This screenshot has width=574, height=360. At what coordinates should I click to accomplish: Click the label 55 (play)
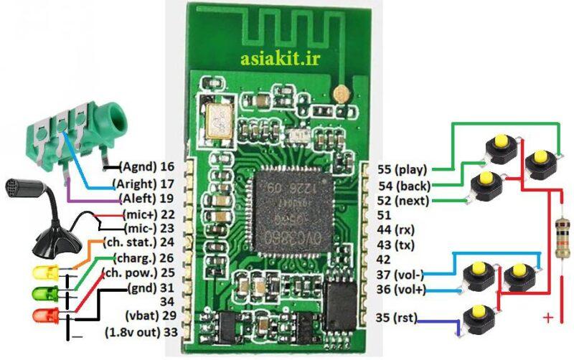(x=402, y=170)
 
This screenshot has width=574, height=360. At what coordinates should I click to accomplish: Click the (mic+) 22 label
(x=149, y=214)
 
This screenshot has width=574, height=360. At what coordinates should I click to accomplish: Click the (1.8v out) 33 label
(x=141, y=332)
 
